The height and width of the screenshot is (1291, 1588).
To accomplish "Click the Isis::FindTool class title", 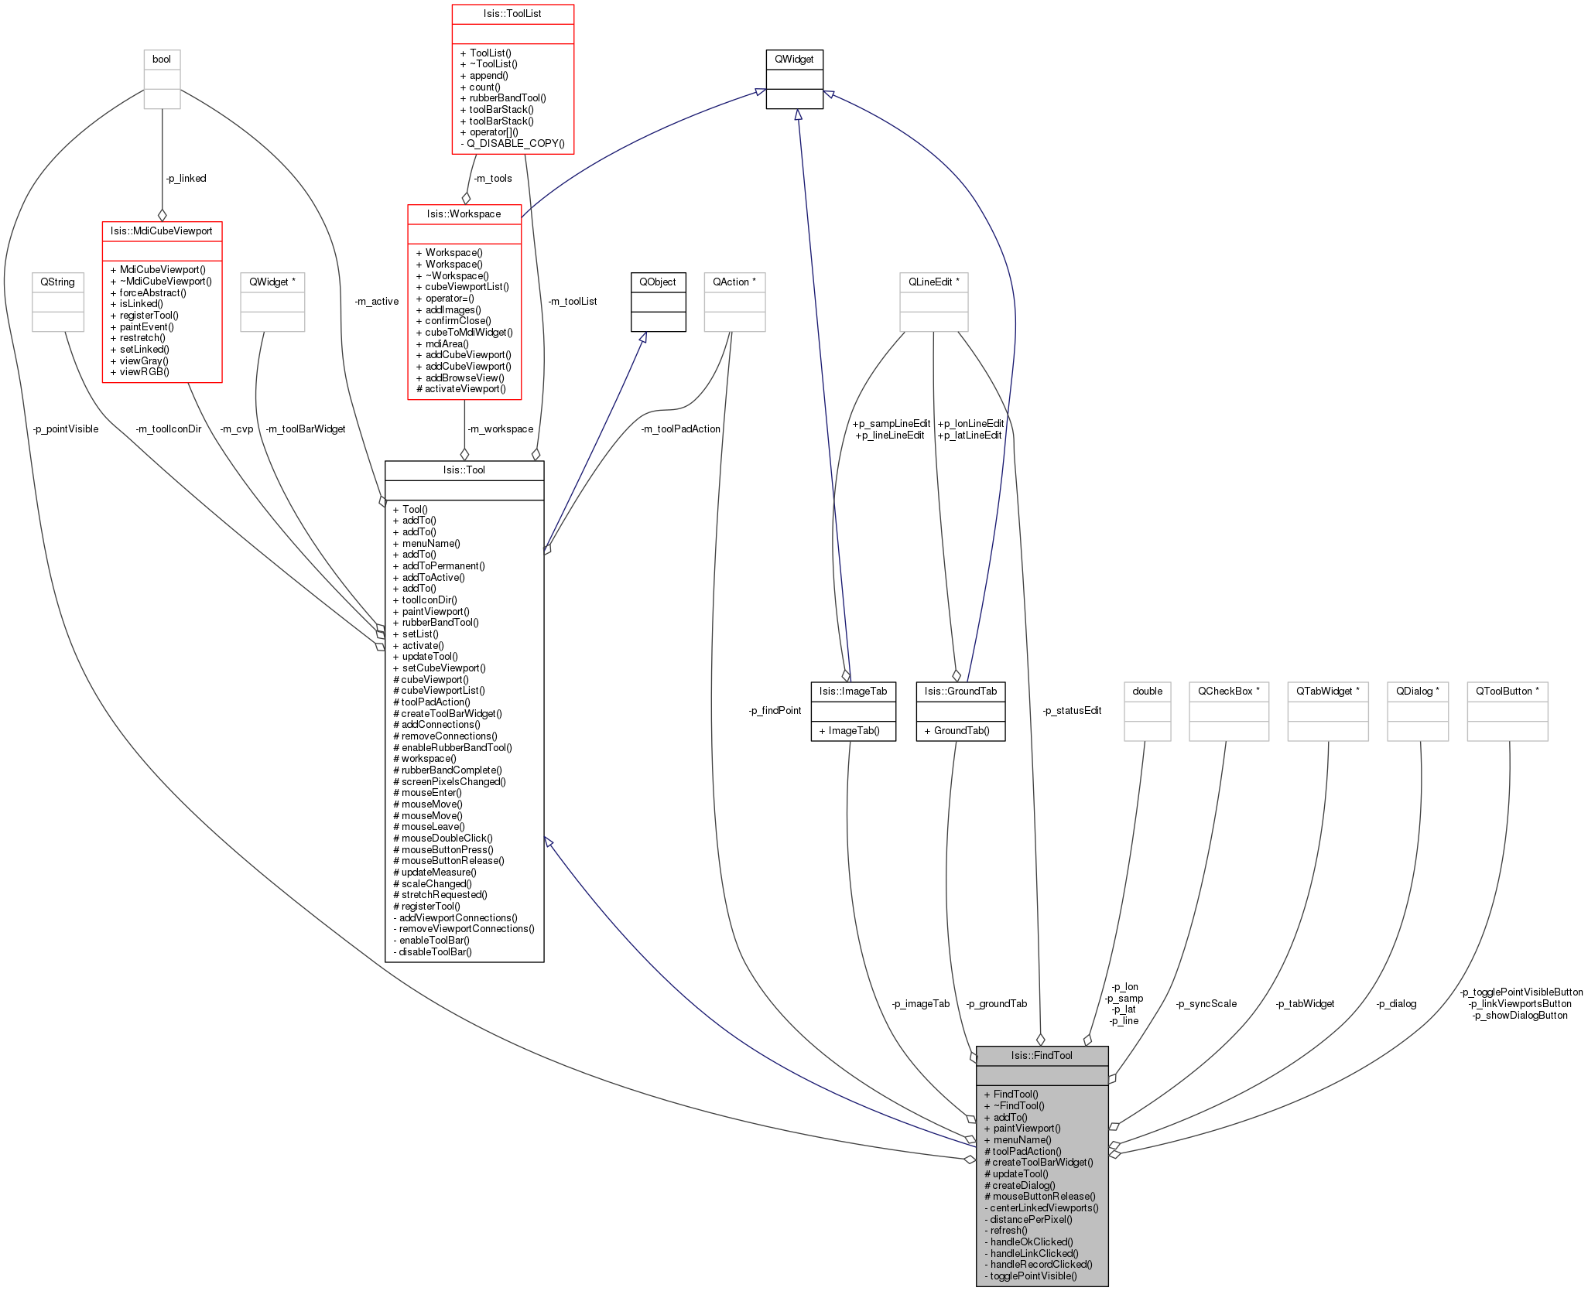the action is pyautogui.click(x=1042, y=1055).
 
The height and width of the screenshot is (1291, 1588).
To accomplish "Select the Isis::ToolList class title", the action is pyautogui.click(x=512, y=14).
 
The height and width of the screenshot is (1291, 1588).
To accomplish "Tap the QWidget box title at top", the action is pyautogui.click(x=794, y=59).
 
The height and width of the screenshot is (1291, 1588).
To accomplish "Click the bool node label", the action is pyautogui.click(x=162, y=59).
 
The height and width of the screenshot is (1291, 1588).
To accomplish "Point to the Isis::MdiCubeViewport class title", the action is pyautogui.click(x=162, y=231).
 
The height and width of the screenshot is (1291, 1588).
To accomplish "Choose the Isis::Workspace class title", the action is pyautogui.click(x=464, y=213).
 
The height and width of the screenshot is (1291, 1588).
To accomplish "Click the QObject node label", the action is pyautogui.click(x=658, y=282).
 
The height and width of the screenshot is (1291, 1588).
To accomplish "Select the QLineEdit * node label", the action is pyautogui.click(x=934, y=282).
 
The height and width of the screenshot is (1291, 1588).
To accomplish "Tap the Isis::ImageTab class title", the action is pyautogui.click(x=854, y=691).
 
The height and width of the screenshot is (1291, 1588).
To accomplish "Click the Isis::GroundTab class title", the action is pyautogui.click(x=960, y=691).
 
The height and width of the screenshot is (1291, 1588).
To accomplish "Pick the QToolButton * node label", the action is pyautogui.click(x=1508, y=691).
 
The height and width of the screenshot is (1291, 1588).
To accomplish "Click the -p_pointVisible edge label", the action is pyautogui.click(x=66, y=429).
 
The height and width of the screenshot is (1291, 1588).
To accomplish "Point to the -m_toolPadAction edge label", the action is pyautogui.click(x=680, y=429).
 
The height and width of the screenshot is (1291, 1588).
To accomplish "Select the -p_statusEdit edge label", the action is pyautogui.click(x=1072, y=710).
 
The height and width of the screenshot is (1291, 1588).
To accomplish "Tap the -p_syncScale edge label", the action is pyautogui.click(x=1206, y=1004).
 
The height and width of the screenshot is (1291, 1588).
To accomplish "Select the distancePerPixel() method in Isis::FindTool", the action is pyautogui.click(x=1028, y=1219).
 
